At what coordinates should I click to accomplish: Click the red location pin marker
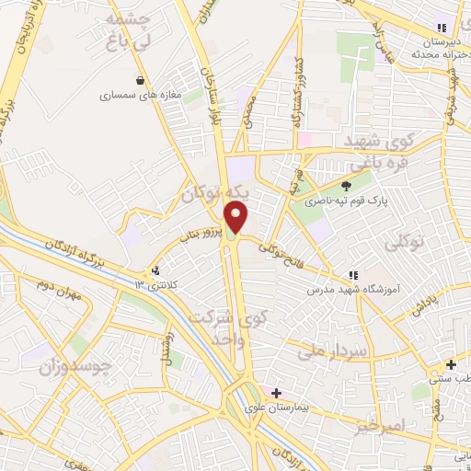237,216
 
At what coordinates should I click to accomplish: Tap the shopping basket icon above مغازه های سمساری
140,80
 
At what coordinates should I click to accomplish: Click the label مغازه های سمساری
134,94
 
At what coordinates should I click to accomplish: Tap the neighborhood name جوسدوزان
75,368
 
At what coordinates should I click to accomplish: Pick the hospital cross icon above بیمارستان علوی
276,393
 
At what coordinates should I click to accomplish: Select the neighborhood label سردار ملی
333,350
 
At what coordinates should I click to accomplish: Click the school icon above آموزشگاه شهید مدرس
352,274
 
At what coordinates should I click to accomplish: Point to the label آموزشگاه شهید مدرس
351,289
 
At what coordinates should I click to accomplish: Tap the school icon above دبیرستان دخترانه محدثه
442,28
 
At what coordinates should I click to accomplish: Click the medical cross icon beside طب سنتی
450,364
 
